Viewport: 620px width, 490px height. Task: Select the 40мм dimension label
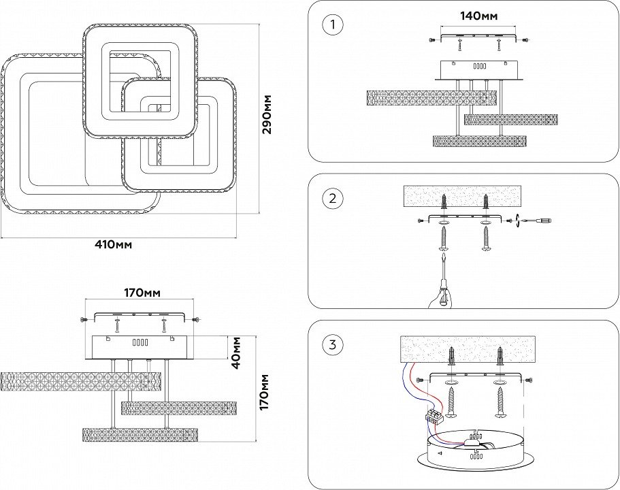(236, 352)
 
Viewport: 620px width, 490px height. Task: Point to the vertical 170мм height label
(264, 391)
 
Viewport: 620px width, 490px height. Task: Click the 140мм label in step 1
(478, 16)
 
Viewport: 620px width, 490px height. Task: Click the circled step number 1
(332, 25)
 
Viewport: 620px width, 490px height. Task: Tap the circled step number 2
(332, 199)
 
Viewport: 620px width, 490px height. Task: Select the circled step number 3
(332, 344)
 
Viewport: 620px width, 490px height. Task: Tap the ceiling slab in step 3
(466, 350)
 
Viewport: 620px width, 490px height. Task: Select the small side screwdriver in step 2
(538, 220)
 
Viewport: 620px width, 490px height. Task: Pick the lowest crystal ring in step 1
(479, 141)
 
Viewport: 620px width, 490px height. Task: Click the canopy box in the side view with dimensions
(139, 347)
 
